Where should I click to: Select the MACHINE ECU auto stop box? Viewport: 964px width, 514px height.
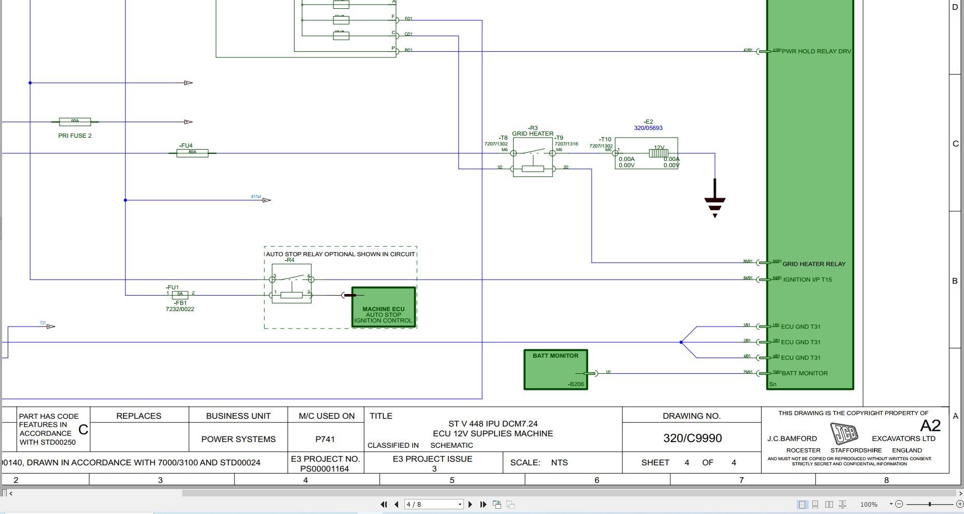[384, 307]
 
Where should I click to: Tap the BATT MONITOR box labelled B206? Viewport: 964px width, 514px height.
[556, 370]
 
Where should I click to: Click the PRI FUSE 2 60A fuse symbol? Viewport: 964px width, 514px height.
[75, 122]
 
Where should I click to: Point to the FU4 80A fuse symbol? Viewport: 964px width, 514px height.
[192, 153]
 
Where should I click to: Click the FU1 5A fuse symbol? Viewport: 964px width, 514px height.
[180, 295]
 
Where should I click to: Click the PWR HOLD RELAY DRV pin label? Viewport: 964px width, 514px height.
[816, 51]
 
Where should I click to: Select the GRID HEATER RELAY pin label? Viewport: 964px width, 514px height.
[813, 264]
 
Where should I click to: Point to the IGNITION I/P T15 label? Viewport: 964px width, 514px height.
[807, 280]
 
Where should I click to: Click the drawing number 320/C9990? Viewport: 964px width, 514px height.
[692, 438]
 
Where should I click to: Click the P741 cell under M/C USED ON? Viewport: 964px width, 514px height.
[325, 439]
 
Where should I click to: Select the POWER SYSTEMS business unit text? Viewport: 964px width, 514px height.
[238, 439]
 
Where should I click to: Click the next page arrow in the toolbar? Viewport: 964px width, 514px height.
[470, 504]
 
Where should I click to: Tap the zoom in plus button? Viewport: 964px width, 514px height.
[959, 504]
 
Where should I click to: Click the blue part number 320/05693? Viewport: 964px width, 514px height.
[648, 128]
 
